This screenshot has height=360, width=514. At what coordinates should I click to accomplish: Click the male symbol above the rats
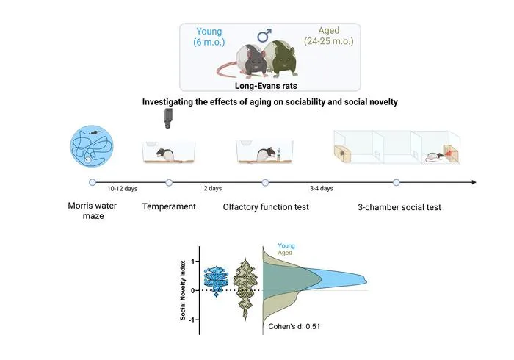coord(264,36)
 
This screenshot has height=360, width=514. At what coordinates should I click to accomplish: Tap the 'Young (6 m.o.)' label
coord(209,37)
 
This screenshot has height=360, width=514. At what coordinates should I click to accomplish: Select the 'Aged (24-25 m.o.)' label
coord(329,36)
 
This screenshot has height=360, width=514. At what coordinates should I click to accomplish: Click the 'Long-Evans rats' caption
coord(266,86)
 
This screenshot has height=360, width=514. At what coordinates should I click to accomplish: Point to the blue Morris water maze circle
coord(92,146)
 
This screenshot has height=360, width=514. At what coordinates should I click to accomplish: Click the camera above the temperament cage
coord(167,118)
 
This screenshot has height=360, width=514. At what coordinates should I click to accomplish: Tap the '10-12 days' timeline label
coord(123,189)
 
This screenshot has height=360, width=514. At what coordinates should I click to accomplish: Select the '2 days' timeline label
coord(213,189)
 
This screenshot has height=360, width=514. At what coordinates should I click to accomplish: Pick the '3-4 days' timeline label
coord(322,189)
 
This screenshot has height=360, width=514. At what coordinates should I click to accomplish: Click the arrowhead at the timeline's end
coord(474,182)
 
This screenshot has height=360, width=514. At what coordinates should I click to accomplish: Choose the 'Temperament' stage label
coord(169,207)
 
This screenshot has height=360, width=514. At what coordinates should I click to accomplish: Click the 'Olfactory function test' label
coord(266,207)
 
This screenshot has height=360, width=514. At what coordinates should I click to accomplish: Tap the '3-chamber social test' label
coord(399,207)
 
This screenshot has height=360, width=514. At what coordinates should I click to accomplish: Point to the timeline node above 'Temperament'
coord(169,183)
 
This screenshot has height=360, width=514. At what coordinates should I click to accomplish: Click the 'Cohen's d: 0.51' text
coord(294,326)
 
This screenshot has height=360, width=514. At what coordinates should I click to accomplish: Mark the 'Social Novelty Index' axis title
coord(183,290)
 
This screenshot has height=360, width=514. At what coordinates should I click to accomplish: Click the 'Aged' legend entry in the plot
coord(285,253)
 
